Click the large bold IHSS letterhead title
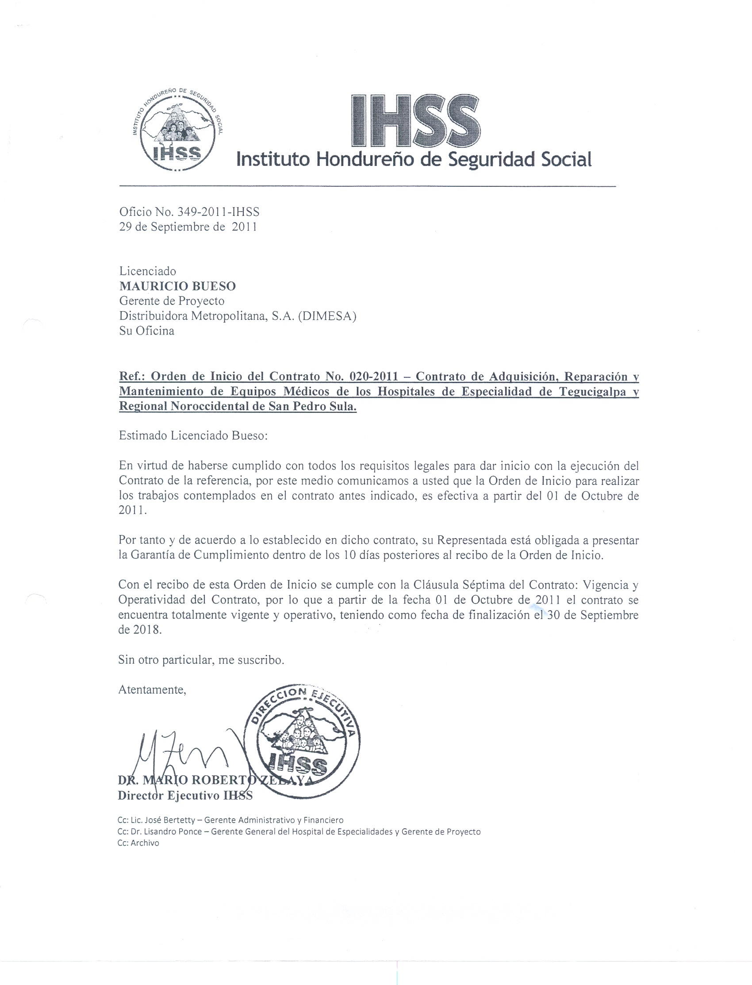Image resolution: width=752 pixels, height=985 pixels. pyautogui.click(x=416, y=121)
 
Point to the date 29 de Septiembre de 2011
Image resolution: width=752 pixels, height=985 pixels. pyautogui.click(x=188, y=227)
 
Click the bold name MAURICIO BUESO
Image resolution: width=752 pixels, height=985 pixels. pyautogui.click(x=177, y=286)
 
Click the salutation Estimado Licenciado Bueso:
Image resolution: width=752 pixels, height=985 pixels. pyautogui.click(x=193, y=435)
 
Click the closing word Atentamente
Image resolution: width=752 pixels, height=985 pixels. pyautogui.click(x=152, y=689)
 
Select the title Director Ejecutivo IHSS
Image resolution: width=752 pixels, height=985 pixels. pyautogui.click(x=185, y=795)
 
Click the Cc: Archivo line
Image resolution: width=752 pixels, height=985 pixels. pyautogui.click(x=138, y=843)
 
